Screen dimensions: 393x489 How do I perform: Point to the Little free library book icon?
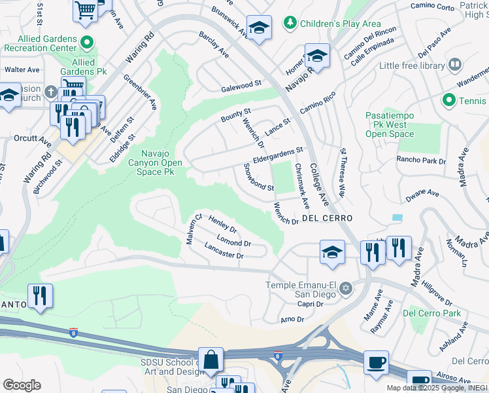(x=454, y=65)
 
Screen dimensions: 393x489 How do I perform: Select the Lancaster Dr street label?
(x=224, y=251)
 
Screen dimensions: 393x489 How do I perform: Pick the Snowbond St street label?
(x=258, y=178)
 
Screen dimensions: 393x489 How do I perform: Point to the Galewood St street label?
(x=241, y=85)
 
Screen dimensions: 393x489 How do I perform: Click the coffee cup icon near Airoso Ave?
(x=376, y=362)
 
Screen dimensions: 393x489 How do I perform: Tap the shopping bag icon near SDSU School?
(x=211, y=360)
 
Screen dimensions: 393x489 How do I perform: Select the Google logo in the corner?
(x=21, y=385)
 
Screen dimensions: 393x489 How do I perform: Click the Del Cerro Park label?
(x=431, y=313)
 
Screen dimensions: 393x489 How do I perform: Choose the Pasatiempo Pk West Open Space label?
(x=390, y=124)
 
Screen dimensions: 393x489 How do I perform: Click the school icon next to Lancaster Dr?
(x=332, y=252)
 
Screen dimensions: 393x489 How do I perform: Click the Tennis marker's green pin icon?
(x=448, y=100)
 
